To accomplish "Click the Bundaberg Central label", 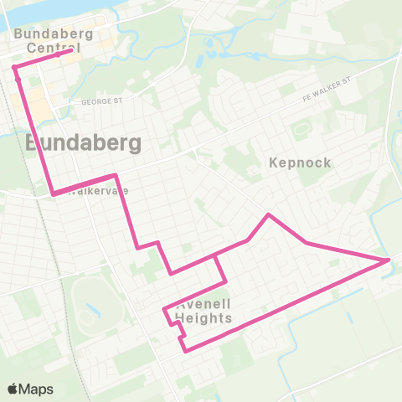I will (48, 41).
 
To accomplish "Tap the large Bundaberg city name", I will (83, 143).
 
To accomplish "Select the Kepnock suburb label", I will (301, 162).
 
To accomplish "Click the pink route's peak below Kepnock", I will (269, 215).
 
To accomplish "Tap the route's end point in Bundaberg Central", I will (70, 51).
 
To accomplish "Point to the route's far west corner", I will (14, 67).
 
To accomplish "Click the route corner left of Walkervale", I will (54, 194).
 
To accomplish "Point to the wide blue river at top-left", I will (25, 10).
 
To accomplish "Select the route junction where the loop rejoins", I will (217, 255).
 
